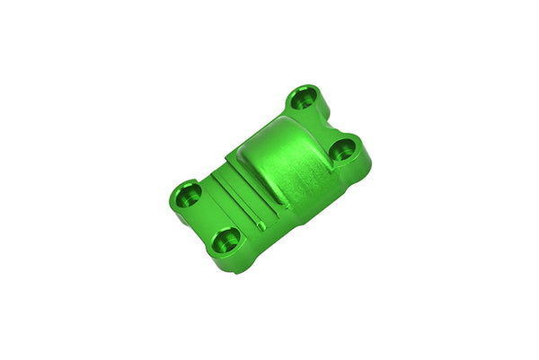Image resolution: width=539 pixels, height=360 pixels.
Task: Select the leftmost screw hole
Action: pyautogui.click(x=188, y=193)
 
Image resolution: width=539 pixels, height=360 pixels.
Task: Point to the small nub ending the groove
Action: pyautogui.click(x=260, y=224)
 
